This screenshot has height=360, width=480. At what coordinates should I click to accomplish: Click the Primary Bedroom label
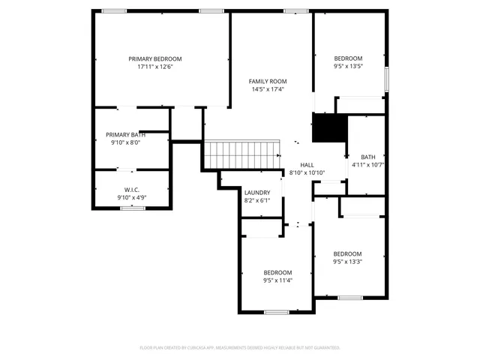154,58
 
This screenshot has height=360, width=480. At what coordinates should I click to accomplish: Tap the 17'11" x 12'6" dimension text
154,67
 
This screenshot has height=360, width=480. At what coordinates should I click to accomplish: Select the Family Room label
268,81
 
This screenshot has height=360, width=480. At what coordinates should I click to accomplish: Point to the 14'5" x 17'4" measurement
268,89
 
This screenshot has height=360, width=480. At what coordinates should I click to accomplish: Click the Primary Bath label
125,134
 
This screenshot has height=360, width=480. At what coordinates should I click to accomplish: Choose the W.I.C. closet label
131,190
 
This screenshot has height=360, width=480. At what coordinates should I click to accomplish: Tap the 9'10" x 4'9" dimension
131,197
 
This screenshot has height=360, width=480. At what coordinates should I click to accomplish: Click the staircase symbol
241,154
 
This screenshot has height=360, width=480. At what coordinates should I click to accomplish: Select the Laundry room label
256,193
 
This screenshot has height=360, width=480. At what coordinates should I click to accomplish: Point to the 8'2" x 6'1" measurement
256,200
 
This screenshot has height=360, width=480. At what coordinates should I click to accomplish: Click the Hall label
307,165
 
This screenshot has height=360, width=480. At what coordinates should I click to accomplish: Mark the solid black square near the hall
327,128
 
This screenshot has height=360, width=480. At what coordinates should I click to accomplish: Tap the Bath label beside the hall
367,157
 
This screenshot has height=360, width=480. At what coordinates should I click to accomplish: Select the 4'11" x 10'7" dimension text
367,165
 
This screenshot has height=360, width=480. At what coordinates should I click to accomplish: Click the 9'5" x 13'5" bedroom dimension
347,66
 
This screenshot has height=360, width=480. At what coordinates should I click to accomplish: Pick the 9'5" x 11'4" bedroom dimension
277,280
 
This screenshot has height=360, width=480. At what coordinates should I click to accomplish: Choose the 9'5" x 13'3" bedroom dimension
347,262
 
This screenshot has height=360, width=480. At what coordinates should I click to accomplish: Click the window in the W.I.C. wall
133,208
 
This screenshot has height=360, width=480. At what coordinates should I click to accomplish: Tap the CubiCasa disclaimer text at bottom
240,348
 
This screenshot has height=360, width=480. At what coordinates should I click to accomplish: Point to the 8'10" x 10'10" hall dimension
307,173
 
